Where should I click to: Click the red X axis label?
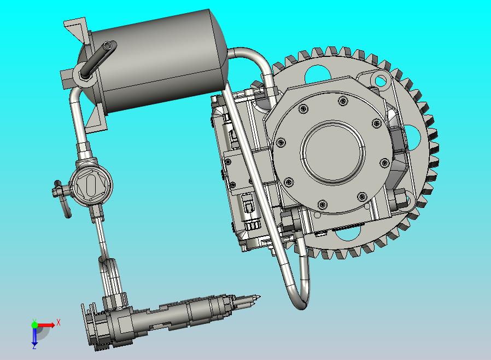pyautogui.click(x=59, y=322)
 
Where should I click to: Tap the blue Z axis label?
pyautogui.click(x=34, y=346)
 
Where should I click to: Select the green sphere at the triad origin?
pyautogui.click(x=34, y=324)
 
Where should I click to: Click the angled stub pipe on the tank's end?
pyautogui.click(x=98, y=58)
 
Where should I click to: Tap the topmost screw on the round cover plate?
pyautogui.click(x=343, y=101)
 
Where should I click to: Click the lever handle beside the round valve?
pyautogui.click(x=63, y=198)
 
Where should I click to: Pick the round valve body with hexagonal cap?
pyautogui.click(x=91, y=185)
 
